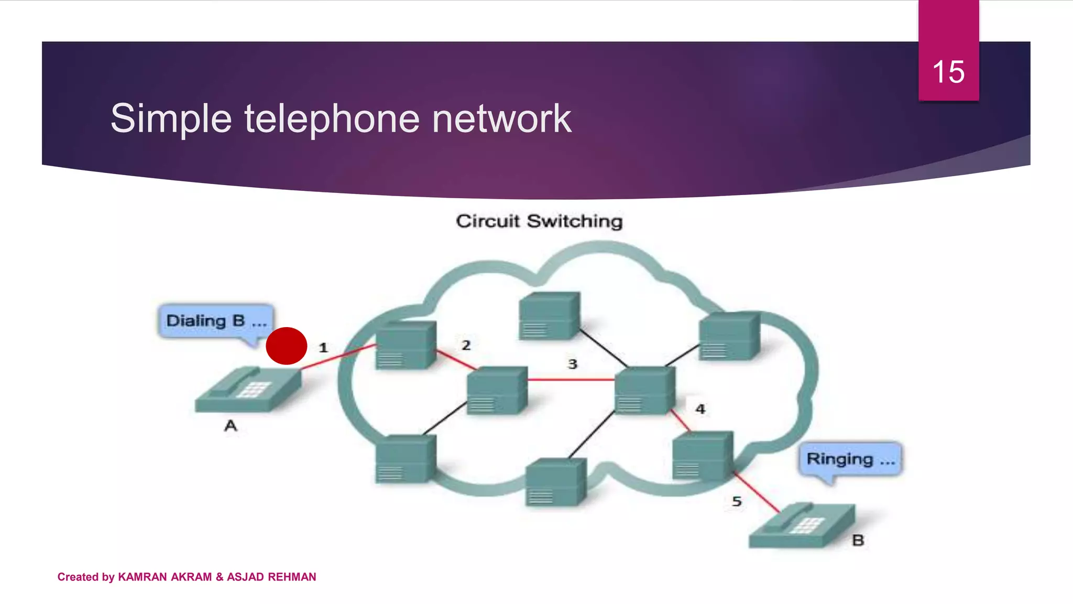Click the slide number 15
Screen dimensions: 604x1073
coord(948,72)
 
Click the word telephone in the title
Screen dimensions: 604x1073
coord(332,118)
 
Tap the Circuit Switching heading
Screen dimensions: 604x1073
coord(539,221)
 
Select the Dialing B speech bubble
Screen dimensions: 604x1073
coord(216,320)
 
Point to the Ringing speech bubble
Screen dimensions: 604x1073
coord(850,459)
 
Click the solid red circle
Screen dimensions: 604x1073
coord(287,346)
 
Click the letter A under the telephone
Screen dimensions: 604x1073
coord(231,426)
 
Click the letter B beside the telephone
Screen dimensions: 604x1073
coord(858,540)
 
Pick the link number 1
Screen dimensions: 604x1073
coord(323,348)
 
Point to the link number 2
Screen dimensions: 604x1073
coord(466,345)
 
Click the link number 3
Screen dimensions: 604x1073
coord(573,364)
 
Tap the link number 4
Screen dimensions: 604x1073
coord(700,409)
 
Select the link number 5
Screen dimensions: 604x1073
coord(737,502)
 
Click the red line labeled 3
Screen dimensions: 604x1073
coord(571,379)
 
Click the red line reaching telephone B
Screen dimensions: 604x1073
coord(757,493)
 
